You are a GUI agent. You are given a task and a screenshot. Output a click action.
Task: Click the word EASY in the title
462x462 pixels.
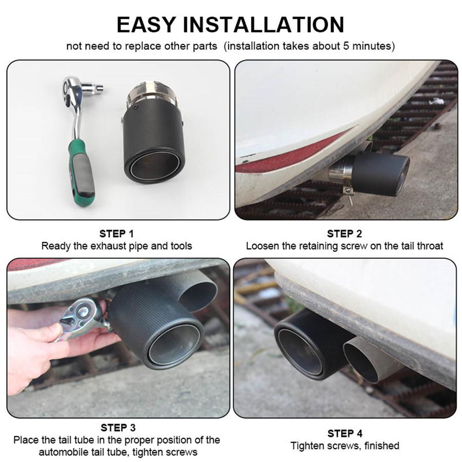pos(146,25)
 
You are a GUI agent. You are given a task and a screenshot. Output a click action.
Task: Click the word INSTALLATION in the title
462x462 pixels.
pos(263,25)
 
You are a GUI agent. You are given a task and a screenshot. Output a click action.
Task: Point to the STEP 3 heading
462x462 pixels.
pos(118,428)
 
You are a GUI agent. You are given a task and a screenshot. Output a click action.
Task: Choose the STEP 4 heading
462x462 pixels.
pos(344,434)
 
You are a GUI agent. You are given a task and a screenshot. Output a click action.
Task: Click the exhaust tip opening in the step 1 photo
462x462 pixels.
pos(154,165)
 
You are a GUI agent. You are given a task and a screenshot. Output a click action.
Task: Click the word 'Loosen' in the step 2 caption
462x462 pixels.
pos(262,246)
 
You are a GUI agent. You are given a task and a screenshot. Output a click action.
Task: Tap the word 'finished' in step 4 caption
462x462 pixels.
pos(381,446)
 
